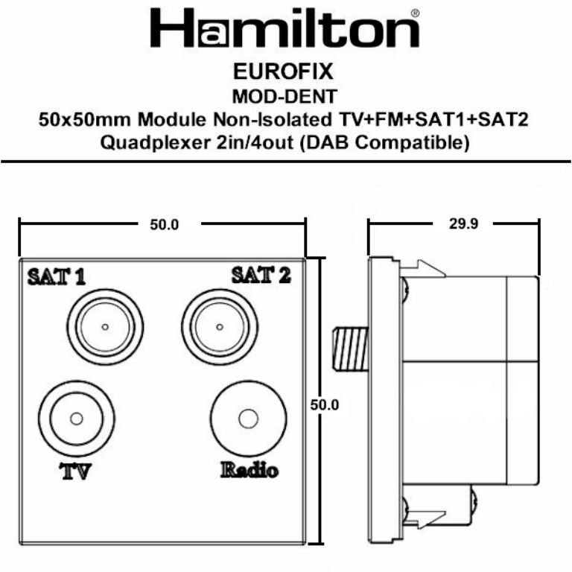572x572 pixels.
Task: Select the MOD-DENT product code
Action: [285, 96]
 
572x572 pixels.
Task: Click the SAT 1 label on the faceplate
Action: [56, 277]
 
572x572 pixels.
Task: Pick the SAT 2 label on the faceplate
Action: [261, 276]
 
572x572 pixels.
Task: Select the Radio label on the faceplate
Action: [249, 470]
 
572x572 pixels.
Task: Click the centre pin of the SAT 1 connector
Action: [105, 328]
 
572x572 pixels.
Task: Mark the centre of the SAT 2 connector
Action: [218, 328]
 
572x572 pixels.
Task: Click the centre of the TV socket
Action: [76, 419]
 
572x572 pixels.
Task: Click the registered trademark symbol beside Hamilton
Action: [414, 13]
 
